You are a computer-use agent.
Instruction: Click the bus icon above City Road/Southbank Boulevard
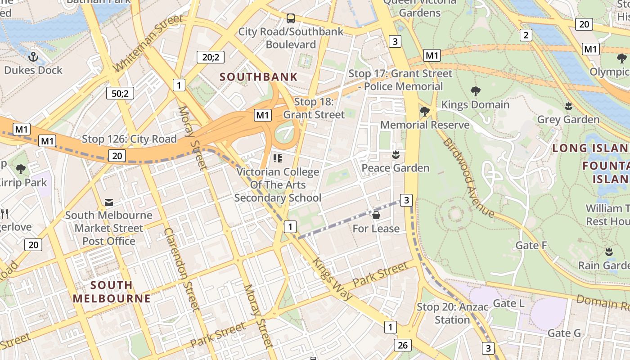point(291,18)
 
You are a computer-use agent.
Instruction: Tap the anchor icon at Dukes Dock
point(33,57)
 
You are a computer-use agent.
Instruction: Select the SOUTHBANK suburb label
point(259,76)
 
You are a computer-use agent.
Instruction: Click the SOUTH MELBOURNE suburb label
point(112,292)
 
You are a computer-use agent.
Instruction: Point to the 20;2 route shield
point(211,57)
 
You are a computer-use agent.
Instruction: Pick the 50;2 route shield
point(120,93)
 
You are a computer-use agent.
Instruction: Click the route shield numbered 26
point(402,345)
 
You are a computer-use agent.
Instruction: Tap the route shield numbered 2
point(526,35)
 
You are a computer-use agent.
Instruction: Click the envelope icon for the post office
point(109,202)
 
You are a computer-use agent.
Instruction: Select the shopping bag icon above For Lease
point(376,216)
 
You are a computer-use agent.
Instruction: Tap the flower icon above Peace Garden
point(396,155)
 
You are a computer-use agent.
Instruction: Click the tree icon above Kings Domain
point(475,91)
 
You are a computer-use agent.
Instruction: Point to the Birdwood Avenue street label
point(468,178)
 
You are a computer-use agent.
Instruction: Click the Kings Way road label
point(332,279)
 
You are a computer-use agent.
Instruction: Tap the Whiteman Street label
point(148,43)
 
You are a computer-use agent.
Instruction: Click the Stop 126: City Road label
point(129,139)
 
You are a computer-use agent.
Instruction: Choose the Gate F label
point(531,245)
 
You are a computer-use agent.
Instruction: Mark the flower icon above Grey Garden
point(568,106)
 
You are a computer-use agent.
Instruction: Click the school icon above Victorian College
point(277,158)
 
